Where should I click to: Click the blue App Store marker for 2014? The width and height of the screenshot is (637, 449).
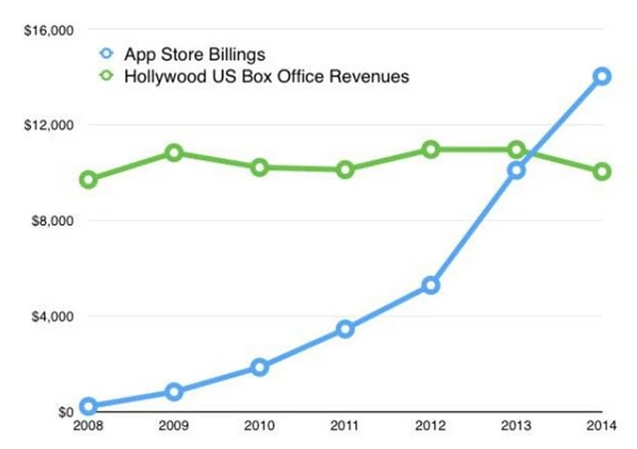click(x=602, y=76)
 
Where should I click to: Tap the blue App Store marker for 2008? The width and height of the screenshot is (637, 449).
click(x=88, y=406)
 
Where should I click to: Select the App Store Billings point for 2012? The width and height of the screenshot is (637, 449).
click(x=430, y=286)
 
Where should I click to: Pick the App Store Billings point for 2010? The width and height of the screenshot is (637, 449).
click(x=259, y=367)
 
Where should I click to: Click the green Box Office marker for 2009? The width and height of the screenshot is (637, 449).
click(x=173, y=152)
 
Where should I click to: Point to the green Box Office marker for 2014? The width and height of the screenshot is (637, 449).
click(x=602, y=171)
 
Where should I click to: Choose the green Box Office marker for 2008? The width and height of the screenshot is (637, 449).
click(x=88, y=180)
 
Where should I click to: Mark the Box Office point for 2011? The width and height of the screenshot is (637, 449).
click(x=344, y=169)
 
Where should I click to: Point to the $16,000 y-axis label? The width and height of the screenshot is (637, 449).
click(x=46, y=30)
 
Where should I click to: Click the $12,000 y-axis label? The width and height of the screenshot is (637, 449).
click(x=46, y=125)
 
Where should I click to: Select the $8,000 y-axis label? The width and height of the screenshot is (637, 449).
click(x=50, y=221)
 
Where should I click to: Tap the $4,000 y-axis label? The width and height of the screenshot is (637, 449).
click(x=50, y=317)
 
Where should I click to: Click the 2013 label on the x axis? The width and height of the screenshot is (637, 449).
click(x=516, y=429)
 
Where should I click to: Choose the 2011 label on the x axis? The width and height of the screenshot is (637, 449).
click(x=344, y=429)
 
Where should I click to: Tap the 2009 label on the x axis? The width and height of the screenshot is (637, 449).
click(x=173, y=429)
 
